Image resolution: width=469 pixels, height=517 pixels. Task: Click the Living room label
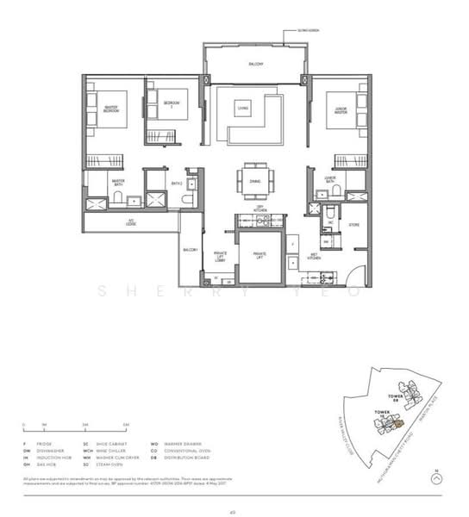point(244,109)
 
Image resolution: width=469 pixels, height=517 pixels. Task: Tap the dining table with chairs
point(256,180)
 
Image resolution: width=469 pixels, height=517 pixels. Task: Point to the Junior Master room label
point(341,109)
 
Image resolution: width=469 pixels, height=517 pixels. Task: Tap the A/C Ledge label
point(131,221)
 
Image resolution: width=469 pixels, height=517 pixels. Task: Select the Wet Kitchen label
point(315,255)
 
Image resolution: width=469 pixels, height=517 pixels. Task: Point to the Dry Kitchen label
point(260,209)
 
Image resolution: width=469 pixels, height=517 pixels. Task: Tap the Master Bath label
point(118,182)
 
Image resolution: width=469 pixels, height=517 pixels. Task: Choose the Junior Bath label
point(329,179)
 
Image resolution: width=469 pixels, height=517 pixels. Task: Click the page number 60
point(232,512)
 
